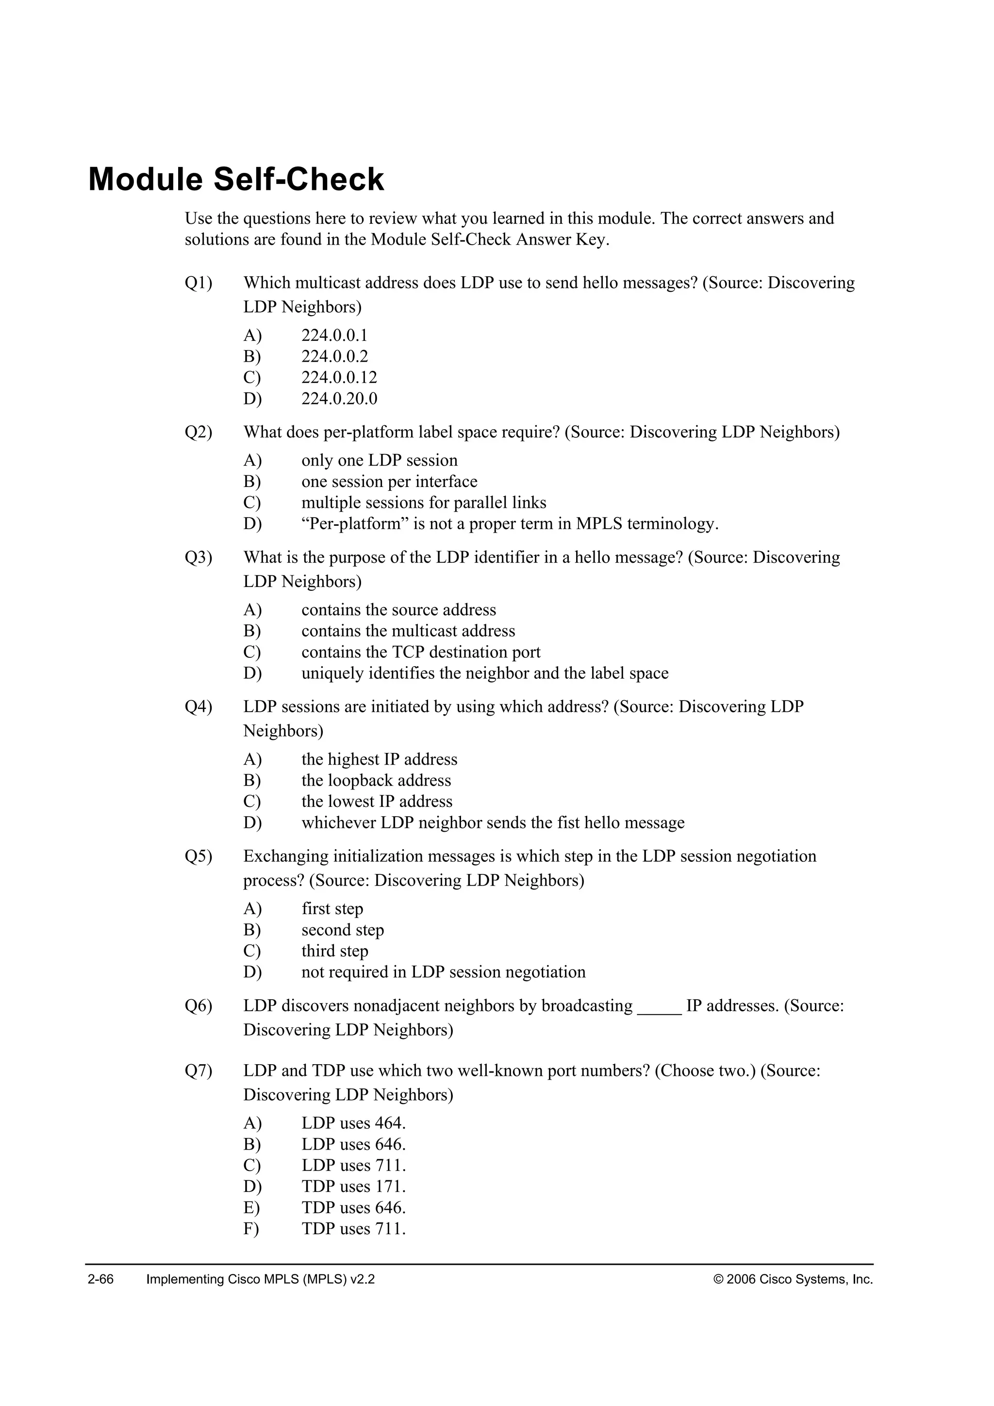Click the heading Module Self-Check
[x=236, y=180]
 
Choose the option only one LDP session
[x=379, y=461]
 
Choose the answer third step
[x=334, y=951]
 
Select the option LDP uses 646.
[x=353, y=1144]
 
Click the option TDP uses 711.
[x=353, y=1229]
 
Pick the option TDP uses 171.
[x=353, y=1187]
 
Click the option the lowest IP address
[x=377, y=802]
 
